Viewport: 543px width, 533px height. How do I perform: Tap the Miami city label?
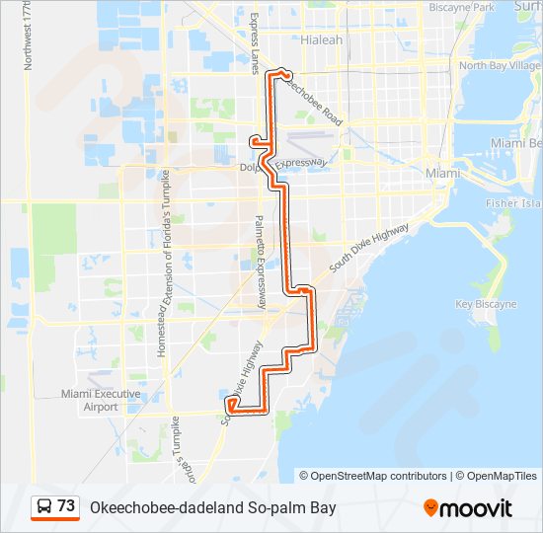(x=443, y=173)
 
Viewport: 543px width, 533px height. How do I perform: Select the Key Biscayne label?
(x=486, y=305)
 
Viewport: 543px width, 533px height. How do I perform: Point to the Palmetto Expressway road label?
(x=262, y=261)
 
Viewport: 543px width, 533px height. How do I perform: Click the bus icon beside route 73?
(x=43, y=506)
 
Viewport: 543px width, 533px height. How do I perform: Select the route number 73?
(x=66, y=506)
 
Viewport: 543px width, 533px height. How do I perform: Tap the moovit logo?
(x=468, y=508)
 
